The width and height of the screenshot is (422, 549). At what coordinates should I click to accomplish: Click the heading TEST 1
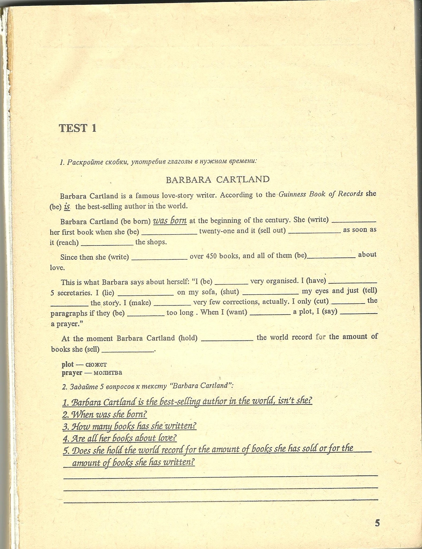78,128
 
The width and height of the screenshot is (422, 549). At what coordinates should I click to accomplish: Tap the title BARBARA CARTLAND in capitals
218,179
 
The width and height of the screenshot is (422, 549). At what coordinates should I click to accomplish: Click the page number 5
377,523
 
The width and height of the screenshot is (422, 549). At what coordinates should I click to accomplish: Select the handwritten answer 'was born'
170,221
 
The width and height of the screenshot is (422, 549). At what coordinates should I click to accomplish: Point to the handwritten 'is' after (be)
67,207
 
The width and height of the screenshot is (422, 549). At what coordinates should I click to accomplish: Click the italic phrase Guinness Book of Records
321,194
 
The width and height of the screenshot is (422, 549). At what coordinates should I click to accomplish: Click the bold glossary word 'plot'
68,364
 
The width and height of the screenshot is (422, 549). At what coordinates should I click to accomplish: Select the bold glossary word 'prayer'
72,373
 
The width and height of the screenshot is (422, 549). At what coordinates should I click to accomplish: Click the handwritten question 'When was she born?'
105,414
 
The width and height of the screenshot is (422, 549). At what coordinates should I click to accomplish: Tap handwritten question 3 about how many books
129,426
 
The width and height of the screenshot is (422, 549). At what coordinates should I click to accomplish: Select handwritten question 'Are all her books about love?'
120,438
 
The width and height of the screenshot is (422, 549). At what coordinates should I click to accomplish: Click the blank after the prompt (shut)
270,293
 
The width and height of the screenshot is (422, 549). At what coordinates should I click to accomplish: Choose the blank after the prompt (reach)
107,243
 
